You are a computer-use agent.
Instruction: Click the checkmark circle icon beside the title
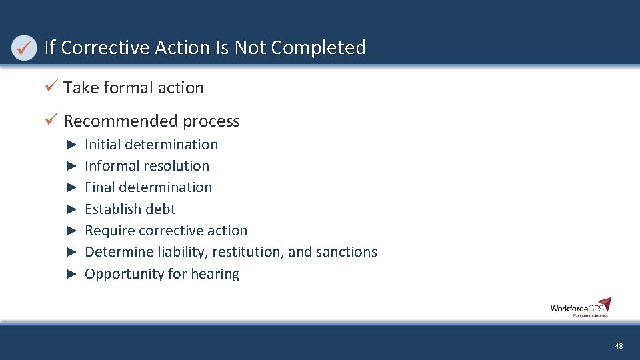point(24,48)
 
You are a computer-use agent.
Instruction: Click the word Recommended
point(121,121)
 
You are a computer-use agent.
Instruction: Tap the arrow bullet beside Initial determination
point(73,145)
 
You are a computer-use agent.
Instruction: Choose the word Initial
point(102,145)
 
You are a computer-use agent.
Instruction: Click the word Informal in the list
point(113,166)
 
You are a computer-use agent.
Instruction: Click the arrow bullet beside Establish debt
point(73,209)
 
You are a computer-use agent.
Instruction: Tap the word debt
point(160,209)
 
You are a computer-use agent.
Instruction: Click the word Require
point(109,231)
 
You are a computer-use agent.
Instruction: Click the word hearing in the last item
point(215,274)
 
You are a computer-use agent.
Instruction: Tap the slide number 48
point(619,346)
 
